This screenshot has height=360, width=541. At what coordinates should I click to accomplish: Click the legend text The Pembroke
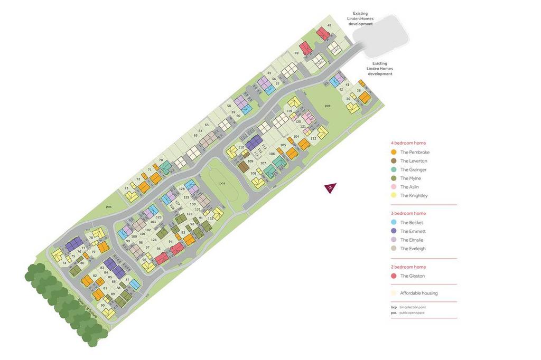415,152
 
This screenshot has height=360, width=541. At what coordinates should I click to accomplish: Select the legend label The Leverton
414,161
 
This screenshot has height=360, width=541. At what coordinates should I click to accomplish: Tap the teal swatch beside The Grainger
394,169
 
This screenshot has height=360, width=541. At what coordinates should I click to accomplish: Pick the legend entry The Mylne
411,178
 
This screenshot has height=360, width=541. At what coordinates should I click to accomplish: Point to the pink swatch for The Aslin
394,187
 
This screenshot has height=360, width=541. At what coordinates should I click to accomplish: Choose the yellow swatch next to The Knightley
394,195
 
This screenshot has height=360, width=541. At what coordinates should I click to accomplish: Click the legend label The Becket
412,223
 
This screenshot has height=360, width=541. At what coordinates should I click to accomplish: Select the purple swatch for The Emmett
394,231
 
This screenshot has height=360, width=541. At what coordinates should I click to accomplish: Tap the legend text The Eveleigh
413,249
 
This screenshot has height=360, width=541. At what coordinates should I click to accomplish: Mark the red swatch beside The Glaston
394,276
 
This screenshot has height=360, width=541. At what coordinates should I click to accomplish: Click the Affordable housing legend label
418,293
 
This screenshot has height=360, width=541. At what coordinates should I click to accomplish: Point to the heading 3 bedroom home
408,213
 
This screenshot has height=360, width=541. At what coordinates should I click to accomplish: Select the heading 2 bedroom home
408,267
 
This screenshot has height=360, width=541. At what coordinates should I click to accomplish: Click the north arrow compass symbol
330,188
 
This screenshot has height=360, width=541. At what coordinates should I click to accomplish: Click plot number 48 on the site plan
330,25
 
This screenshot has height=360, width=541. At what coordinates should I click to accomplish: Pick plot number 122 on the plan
313,138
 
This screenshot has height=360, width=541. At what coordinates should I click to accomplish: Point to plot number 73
126,188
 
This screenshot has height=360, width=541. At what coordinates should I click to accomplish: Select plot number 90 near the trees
102,305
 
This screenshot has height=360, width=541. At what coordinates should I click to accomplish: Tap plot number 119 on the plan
289,111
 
